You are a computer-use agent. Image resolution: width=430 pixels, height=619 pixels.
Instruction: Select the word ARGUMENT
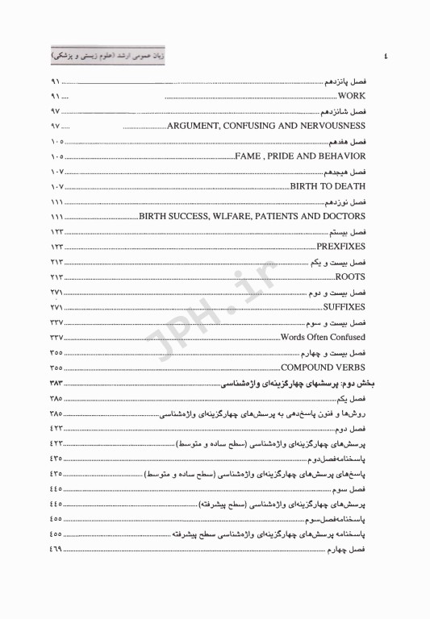click(x=195, y=126)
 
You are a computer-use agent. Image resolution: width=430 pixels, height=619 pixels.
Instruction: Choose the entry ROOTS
click(x=350, y=277)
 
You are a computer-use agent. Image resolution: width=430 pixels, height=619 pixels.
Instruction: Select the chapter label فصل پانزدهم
click(x=345, y=82)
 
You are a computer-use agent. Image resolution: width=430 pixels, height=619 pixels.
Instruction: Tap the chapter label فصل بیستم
click(x=349, y=232)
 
